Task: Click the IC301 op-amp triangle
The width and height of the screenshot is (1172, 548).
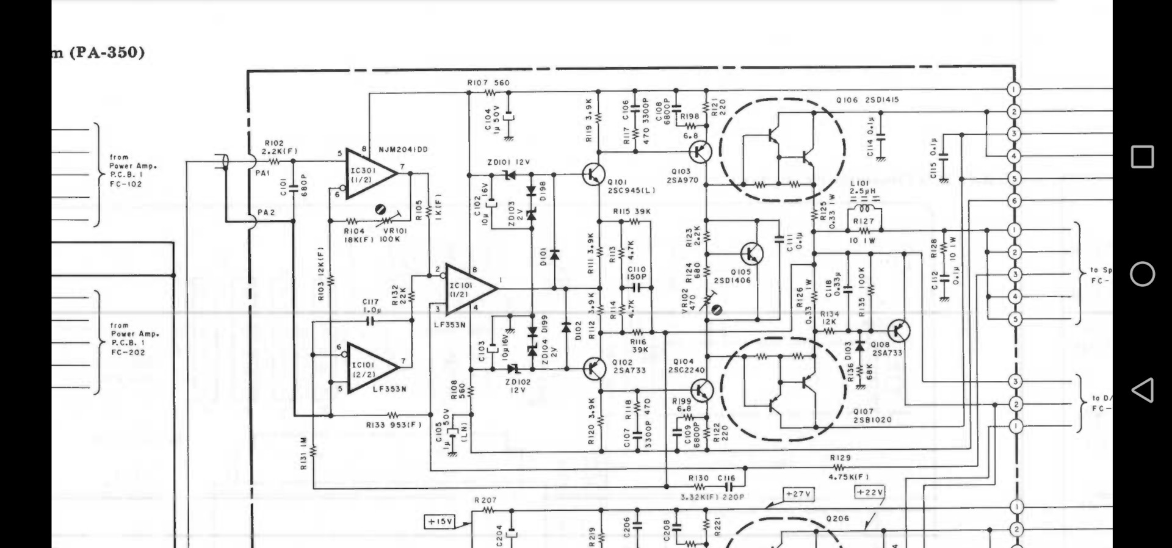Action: [368, 173]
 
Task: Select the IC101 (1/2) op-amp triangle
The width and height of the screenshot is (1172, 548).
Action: [468, 289]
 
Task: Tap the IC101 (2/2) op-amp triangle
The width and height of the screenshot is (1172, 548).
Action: [370, 367]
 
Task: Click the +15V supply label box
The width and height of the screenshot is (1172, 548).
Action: [440, 522]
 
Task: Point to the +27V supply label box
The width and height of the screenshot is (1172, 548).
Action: [798, 494]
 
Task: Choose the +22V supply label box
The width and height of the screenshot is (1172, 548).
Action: [870, 492]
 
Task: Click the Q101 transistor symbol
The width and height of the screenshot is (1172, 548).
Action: [593, 175]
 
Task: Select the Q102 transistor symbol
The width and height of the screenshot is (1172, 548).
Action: [593, 368]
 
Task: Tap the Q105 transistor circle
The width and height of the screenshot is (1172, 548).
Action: [751, 253]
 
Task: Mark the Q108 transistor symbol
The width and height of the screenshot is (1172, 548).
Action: [899, 330]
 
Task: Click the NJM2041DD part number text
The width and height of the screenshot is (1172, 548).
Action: [403, 150]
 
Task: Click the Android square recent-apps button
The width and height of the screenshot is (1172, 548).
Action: [1142, 157]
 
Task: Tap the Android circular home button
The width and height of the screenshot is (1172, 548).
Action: [1142, 274]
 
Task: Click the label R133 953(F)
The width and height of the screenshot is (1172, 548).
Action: [393, 425]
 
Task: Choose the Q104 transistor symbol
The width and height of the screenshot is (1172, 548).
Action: [702, 389]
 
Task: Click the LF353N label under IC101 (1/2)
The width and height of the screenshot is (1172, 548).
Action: [449, 325]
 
